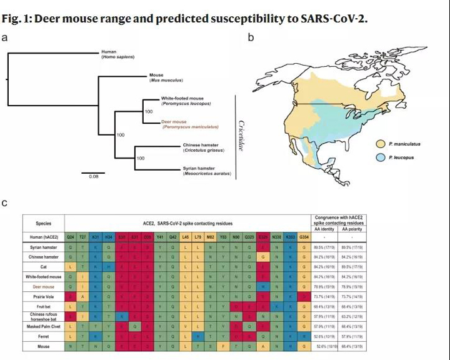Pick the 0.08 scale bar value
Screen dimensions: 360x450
93,176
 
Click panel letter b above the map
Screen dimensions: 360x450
251,37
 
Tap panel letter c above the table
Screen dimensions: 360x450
5,203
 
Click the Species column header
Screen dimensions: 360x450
44,223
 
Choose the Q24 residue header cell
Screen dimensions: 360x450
71,237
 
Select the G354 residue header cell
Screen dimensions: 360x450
303,237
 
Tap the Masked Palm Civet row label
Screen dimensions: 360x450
44,326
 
